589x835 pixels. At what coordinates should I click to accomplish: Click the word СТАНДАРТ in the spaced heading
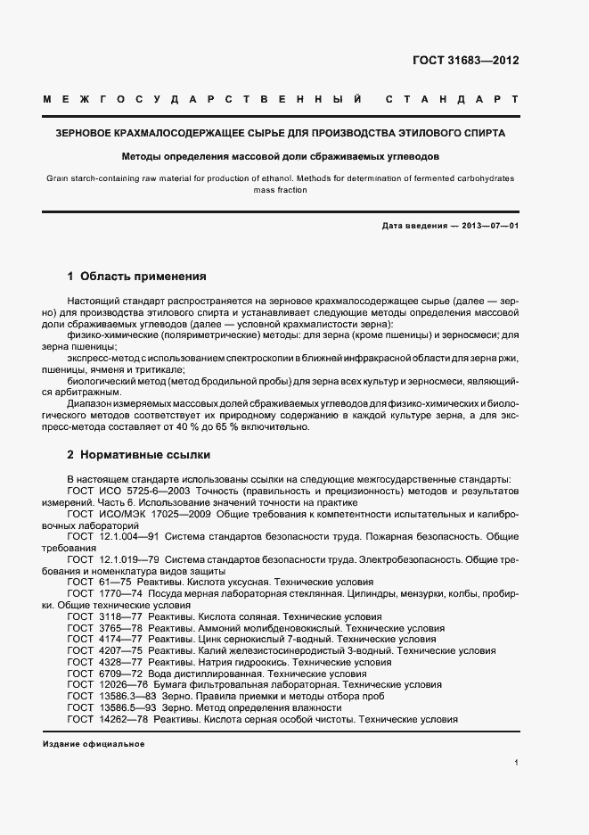[x=452, y=98]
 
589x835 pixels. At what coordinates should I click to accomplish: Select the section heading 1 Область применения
[x=136, y=277]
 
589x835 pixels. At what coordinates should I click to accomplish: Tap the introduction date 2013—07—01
[x=488, y=227]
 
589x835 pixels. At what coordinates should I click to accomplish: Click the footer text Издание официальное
[x=94, y=743]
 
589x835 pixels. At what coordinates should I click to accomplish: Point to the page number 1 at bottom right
[x=516, y=763]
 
